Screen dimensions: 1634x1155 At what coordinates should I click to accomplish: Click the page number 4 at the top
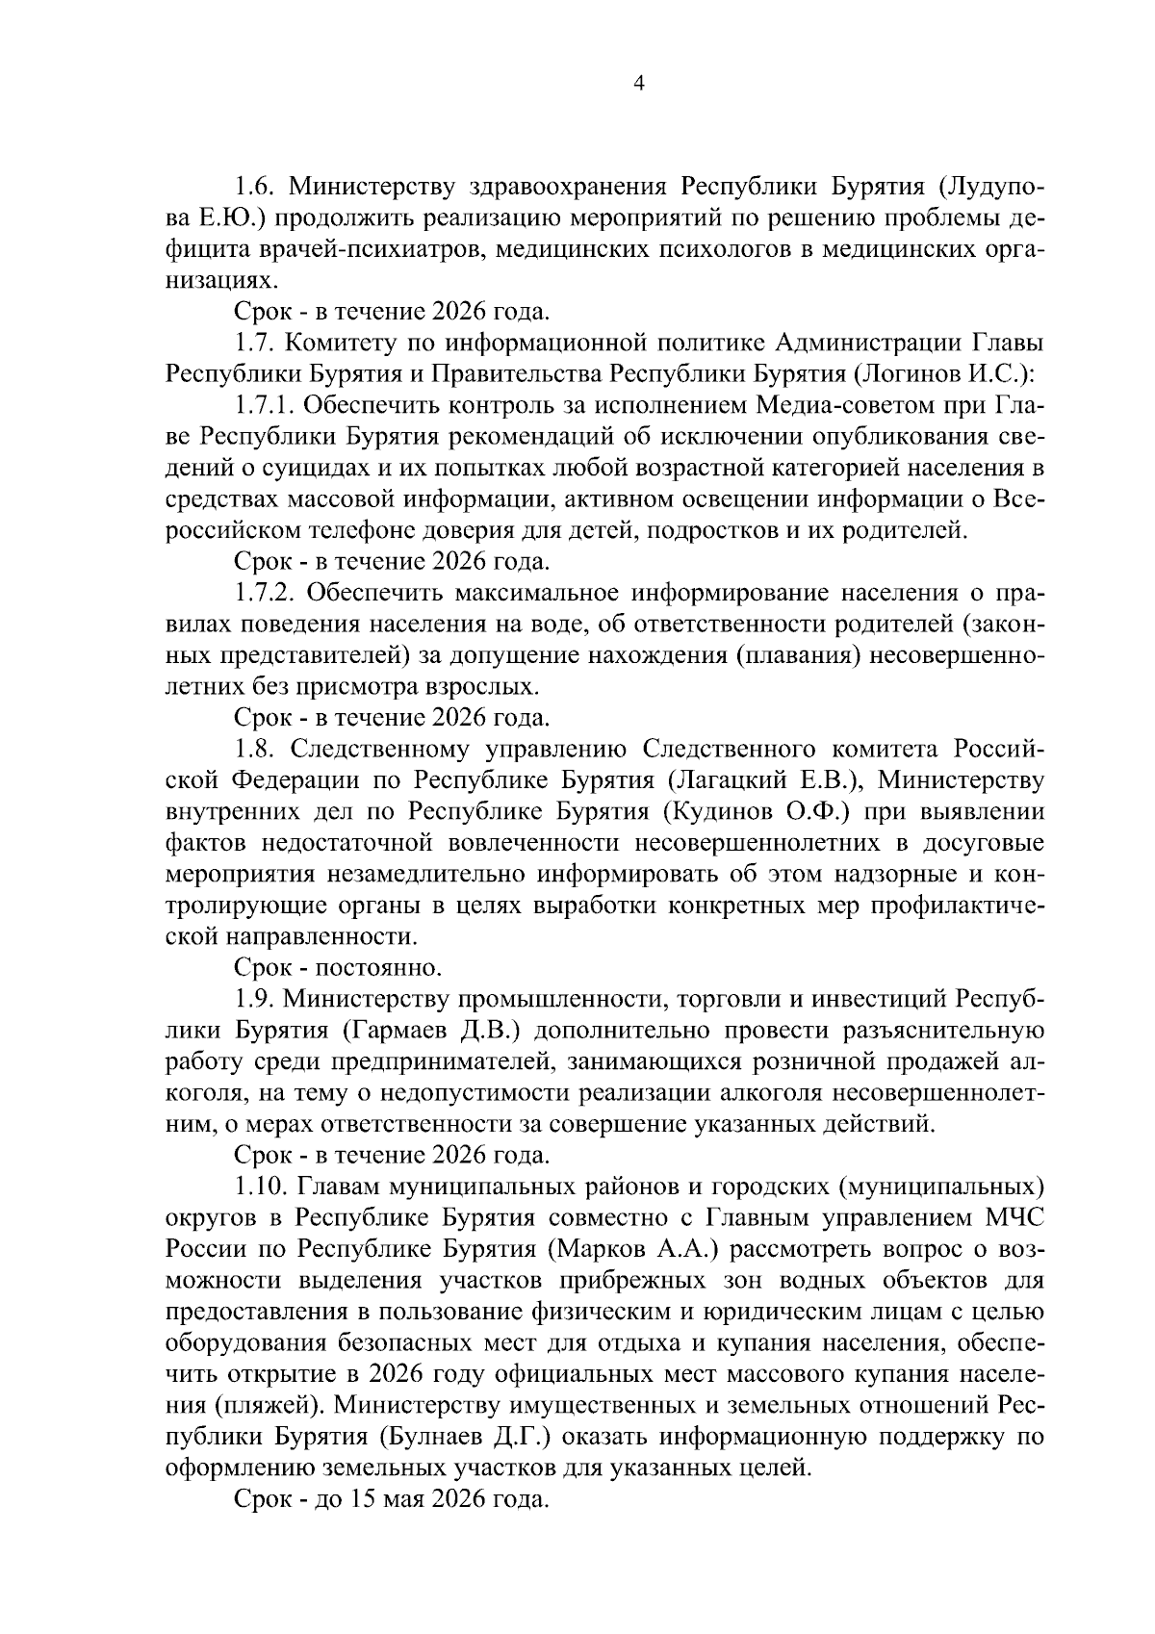point(637,83)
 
